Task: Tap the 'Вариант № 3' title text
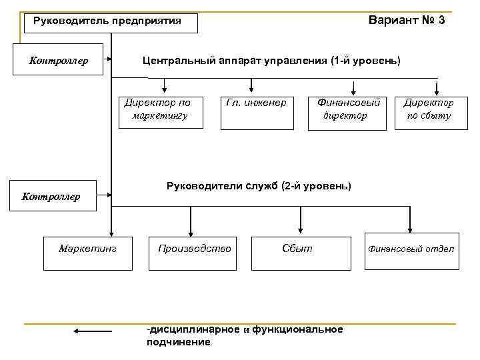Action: pos(407,20)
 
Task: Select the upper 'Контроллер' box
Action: pos(58,61)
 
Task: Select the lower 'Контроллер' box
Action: pos(51,196)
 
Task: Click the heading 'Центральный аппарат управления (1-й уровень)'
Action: pos(271,61)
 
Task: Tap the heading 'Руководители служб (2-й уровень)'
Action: pos(259,186)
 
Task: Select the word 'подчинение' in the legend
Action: pos(178,342)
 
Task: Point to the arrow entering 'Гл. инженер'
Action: pos(251,85)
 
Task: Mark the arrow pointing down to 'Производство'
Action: pos(191,221)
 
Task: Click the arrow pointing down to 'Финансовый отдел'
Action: pos(410,221)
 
